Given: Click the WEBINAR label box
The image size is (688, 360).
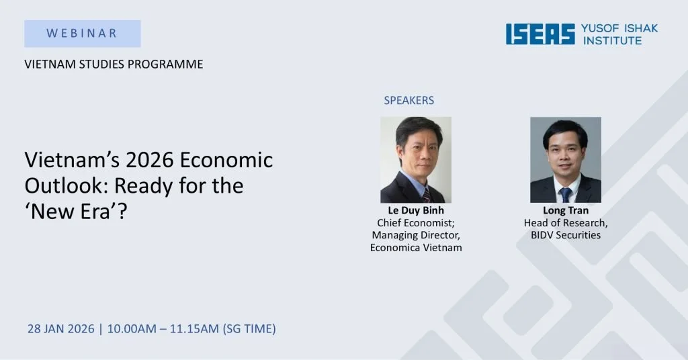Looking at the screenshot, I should (x=83, y=33).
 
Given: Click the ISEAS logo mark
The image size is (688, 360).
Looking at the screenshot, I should (x=540, y=34).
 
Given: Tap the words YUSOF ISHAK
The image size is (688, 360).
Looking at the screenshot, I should (x=619, y=28).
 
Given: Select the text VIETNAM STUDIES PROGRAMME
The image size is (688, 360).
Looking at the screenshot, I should (x=114, y=64).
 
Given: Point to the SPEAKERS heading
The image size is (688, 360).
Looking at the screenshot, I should (x=408, y=100).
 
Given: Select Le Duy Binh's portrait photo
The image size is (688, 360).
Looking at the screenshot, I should (x=416, y=160).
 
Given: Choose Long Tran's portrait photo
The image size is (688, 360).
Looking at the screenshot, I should (x=565, y=160).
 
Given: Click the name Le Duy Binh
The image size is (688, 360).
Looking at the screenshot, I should (x=416, y=211).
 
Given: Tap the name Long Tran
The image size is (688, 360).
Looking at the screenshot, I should (x=565, y=211).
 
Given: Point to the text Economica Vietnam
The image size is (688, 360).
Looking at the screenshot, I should (x=416, y=247).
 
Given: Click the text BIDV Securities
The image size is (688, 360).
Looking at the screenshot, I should (x=565, y=235).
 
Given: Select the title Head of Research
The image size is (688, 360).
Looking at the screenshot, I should (x=565, y=223).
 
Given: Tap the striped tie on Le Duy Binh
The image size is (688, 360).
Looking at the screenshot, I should (x=425, y=194).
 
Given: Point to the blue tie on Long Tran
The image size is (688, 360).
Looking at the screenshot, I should (x=566, y=193).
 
